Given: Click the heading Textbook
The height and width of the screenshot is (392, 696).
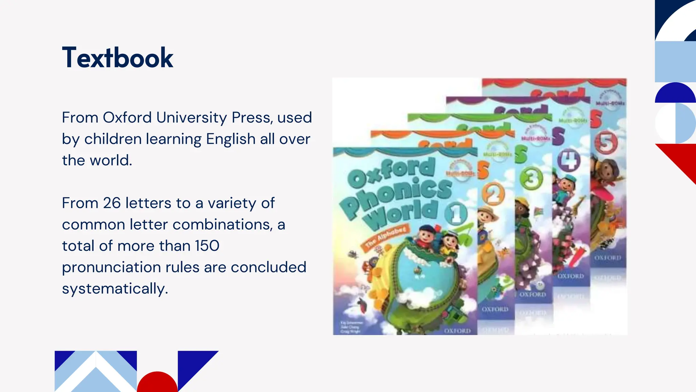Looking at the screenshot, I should coord(118,58).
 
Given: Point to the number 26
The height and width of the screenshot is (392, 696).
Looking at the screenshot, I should coord(112,203).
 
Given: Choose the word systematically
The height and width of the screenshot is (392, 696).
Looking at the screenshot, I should coord(115,289).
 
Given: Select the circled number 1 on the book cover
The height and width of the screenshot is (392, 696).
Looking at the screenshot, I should coord(456,214).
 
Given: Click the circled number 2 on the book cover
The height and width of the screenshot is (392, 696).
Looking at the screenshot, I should coord(493,194).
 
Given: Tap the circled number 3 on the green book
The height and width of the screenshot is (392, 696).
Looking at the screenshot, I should coord(531,178).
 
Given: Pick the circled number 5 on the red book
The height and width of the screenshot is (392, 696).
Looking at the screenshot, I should coord(606,143).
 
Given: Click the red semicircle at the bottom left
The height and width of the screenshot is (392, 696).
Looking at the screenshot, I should coord(157,383).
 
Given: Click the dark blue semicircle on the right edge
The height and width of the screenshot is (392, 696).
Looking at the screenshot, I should coord(675,93).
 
